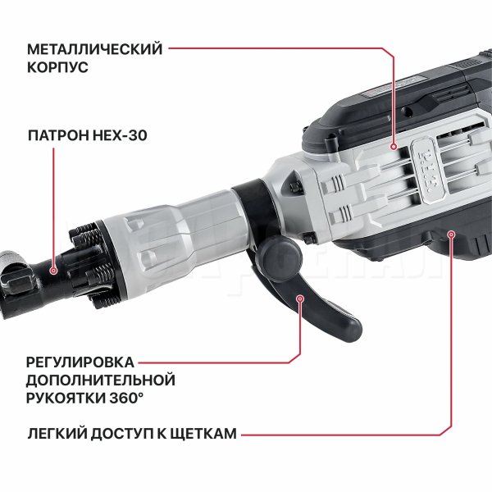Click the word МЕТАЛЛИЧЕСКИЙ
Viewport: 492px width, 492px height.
(95, 49)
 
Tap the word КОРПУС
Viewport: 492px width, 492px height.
(57, 67)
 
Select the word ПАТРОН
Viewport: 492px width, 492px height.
(59, 135)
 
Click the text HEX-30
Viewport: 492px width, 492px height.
(121, 135)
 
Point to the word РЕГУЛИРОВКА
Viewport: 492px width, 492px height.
(80, 362)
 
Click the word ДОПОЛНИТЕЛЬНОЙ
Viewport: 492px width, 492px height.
(100, 380)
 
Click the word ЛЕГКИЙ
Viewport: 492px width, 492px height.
(57, 434)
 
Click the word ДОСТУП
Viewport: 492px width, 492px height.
(122, 434)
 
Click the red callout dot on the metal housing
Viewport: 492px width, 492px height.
(394, 147)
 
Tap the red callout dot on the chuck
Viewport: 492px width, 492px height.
(53, 271)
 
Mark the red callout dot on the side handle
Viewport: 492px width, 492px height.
(300, 298)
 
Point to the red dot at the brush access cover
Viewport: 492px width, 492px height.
(451, 234)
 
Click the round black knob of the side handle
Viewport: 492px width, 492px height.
(280, 257)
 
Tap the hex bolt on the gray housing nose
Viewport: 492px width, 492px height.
(295, 187)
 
